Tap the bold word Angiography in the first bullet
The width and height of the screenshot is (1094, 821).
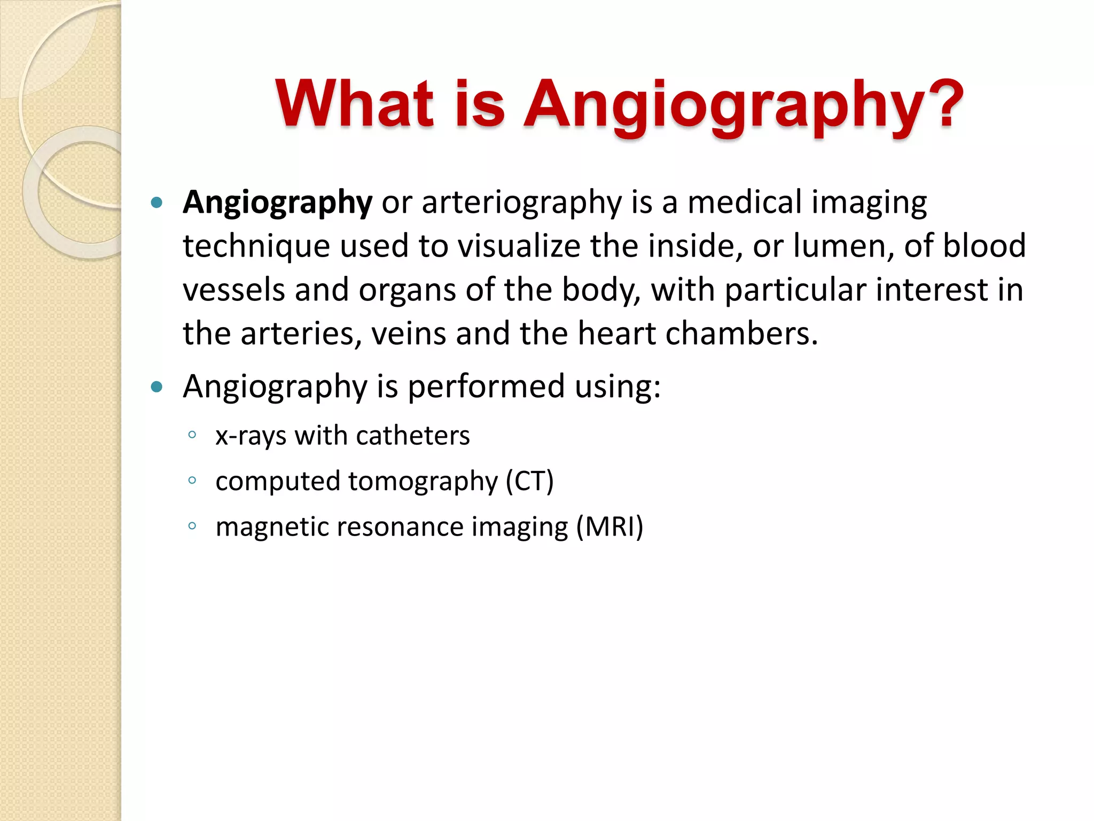277,203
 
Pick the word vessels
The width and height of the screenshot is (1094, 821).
233,290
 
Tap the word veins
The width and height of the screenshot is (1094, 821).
408,334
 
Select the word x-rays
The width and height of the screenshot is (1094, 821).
251,436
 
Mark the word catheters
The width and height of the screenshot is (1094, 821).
413,436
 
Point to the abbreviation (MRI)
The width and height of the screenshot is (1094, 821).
609,526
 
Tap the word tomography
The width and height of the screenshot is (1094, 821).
423,482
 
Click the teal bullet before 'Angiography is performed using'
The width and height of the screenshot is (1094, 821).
157,386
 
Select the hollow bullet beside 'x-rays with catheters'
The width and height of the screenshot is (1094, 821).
192,435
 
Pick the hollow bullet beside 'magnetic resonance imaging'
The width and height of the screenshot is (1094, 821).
192,525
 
